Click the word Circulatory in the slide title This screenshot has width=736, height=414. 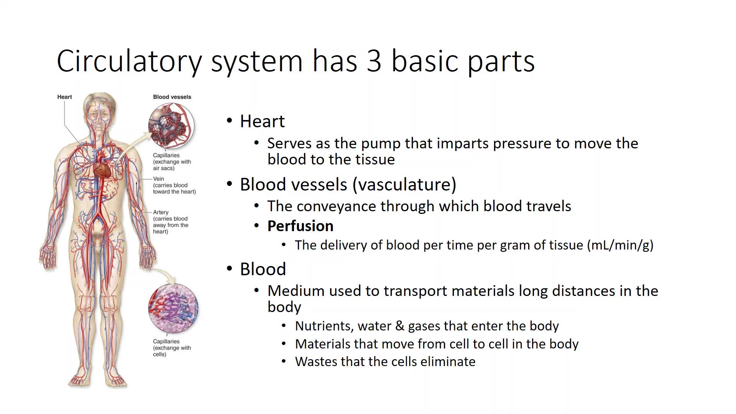click(129, 61)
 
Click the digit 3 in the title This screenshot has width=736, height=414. click(374, 61)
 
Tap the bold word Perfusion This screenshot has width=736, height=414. click(300, 226)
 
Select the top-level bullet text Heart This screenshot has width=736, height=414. click(262, 121)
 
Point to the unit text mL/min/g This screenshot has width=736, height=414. click(620, 245)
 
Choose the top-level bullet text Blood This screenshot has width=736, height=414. click(263, 269)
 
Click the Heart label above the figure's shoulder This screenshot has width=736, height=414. click(64, 97)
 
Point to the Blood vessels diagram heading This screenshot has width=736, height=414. click(172, 97)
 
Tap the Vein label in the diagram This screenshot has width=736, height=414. click(158, 179)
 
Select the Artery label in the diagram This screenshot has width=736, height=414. click(161, 212)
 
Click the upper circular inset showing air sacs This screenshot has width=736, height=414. click(171, 126)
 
